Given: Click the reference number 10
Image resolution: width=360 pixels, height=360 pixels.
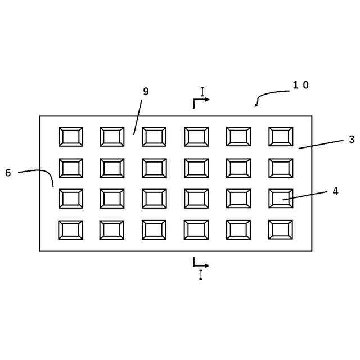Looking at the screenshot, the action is pyautogui.click(x=300, y=85).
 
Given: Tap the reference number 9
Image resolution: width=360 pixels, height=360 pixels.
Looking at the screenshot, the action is pyautogui.click(x=146, y=91).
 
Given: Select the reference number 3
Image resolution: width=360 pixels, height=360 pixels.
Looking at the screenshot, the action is pyautogui.click(x=352, y=139).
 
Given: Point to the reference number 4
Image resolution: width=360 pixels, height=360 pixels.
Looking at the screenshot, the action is pyautogui.click(x=335, y=191).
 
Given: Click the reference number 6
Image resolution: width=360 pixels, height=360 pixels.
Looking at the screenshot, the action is pyautogui.click(x=8, y=173).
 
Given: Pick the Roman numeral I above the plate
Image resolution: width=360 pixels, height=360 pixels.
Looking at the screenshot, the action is pyautogui.click(x=202, y=91).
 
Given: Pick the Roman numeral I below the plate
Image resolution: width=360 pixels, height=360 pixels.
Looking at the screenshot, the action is pyautogui.click(x=200, y=275).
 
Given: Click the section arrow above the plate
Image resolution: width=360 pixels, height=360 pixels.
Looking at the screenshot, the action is pyautogui.click(x=201, y=101).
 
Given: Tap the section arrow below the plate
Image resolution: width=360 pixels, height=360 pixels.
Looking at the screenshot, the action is pyautogui.click(x=201, y=263).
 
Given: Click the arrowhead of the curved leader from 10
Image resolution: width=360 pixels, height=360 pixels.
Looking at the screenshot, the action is pyautogui.click(x=256, y=104).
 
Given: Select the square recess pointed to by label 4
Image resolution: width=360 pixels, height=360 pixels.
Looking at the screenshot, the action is pyautogui.click(x=281, y=199).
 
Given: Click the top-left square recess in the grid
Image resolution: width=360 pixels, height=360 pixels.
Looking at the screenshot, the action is pyautogui.click(x=71, y=137).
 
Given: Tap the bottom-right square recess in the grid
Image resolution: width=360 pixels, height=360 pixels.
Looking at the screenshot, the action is pyautogui.click(x=281, y=229).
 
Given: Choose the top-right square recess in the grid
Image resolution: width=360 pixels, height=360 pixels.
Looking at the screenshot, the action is pyautogui.click(x=281, y=137).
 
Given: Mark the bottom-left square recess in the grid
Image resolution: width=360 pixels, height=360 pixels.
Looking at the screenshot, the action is pyautogui.click(x=71, y=229).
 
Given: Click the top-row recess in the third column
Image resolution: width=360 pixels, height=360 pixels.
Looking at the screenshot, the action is pyautogui.click(x=154, y=137).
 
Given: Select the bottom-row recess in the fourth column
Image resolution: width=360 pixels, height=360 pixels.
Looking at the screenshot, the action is pyautogui.click(x=196, y=229).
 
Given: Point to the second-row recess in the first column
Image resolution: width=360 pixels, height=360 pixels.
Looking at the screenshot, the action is pyautogui.click(x=71, y=168).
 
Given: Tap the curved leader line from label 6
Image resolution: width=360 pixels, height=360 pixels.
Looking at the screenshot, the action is pyautogui.click(x=42, y=171).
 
